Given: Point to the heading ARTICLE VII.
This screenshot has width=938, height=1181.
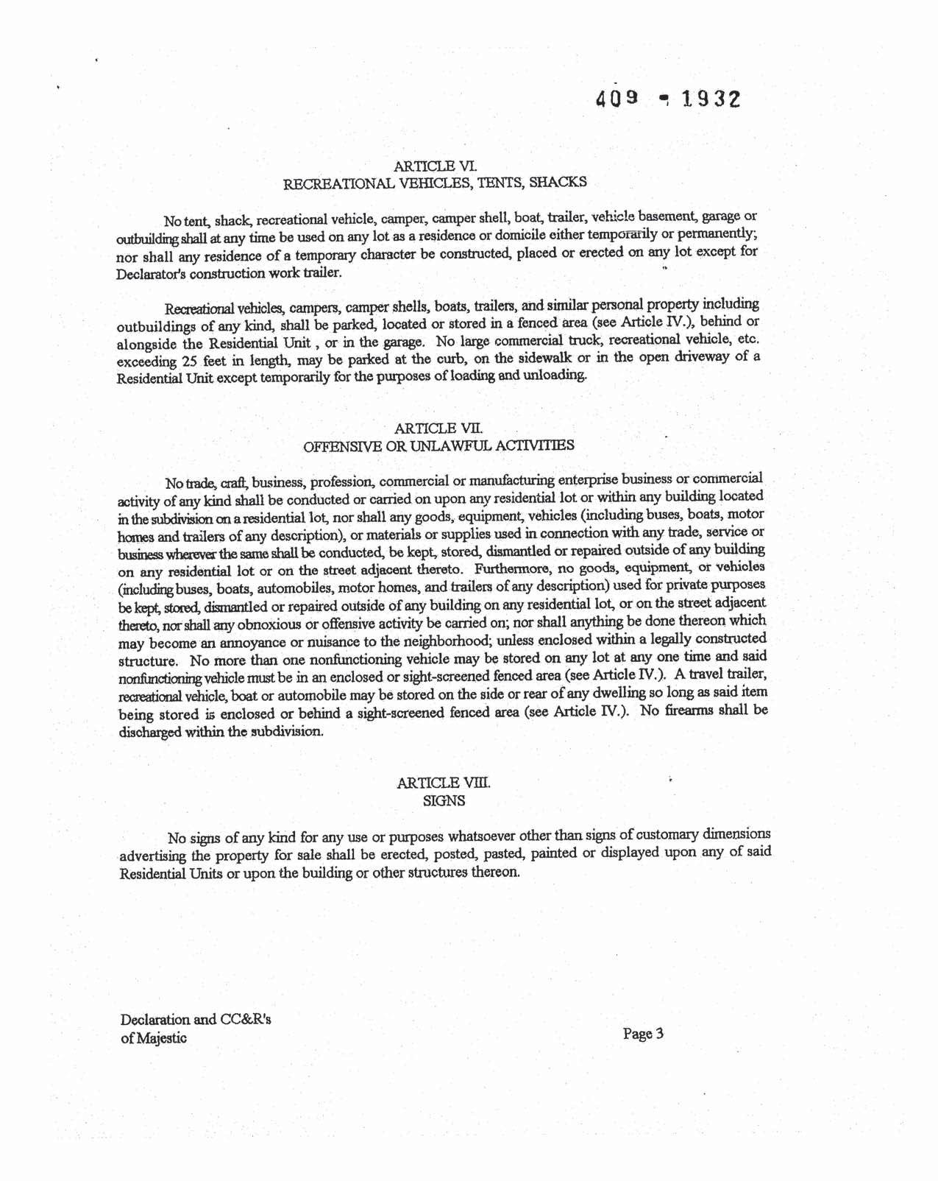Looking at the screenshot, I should (438, 428).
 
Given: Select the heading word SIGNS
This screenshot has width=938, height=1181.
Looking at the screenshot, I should (444, 800).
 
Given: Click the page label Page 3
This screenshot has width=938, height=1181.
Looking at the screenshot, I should (643, 1034).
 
